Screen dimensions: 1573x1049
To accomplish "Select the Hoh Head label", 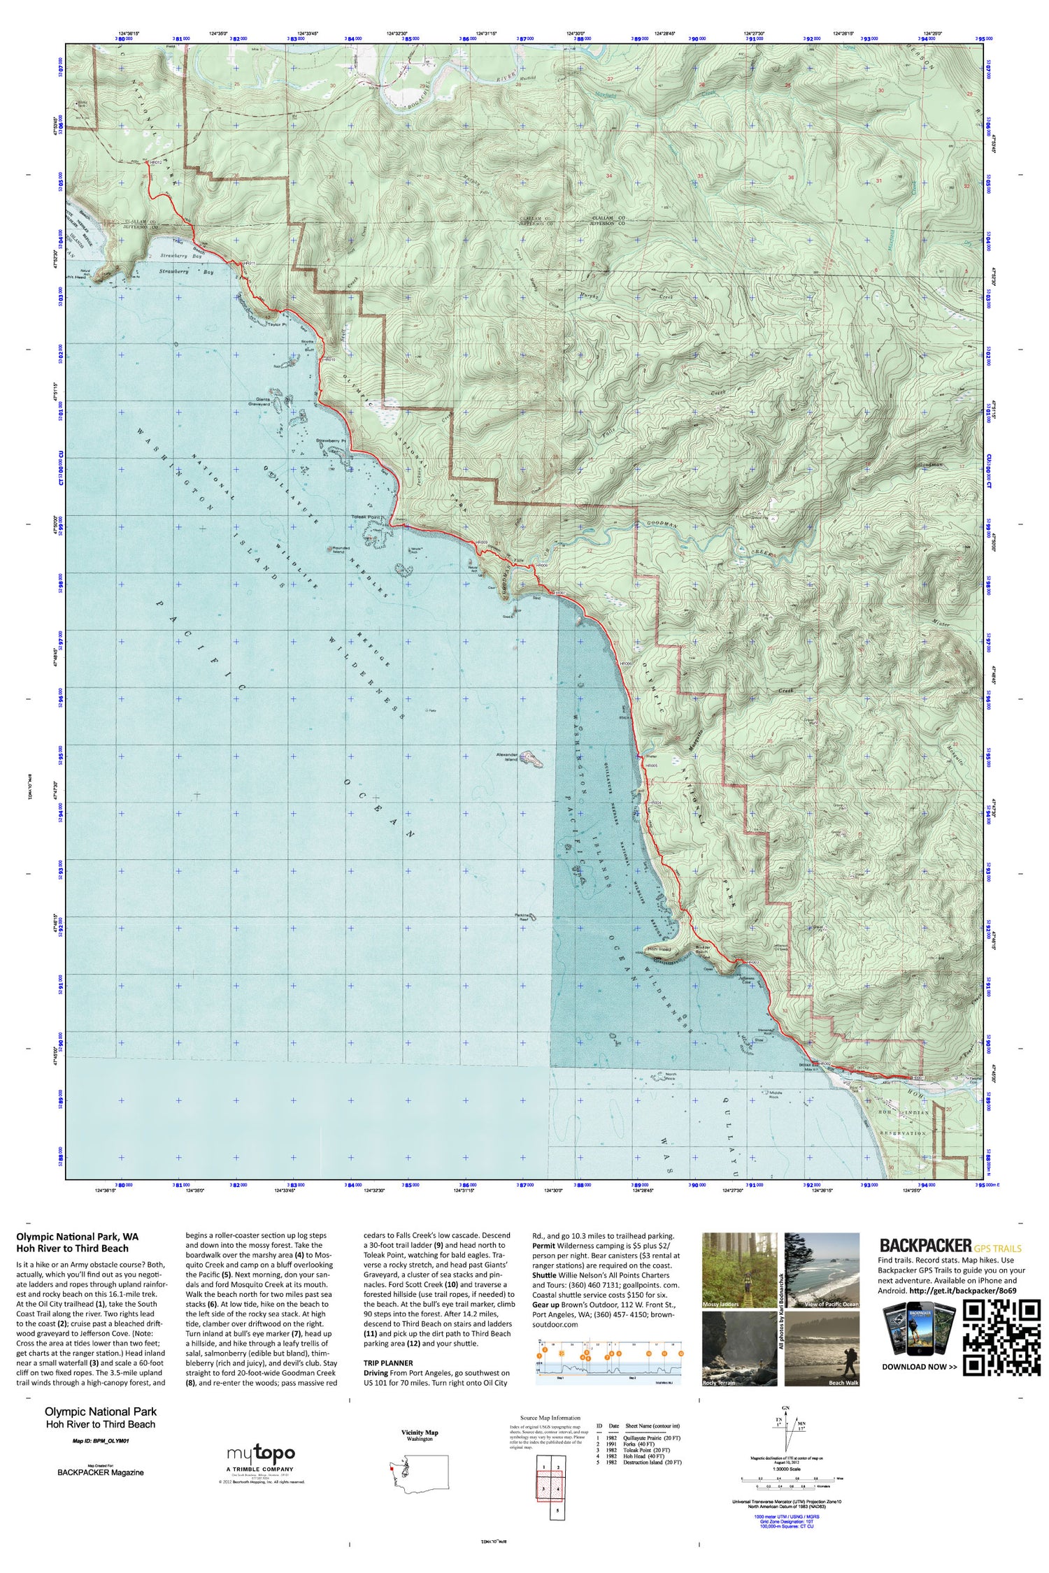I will pyautogui.click(x=658, y=949).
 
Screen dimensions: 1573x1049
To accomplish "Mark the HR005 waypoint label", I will pyautogui.click(x=652, y=766).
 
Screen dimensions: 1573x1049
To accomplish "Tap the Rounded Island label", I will pyautogui.click(x=338, y=550).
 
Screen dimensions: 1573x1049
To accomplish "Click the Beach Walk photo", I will pyautogui.click(x=822, y=1349).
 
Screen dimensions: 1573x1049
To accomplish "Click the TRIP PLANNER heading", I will pyautogui.click(x=387, y=1363).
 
